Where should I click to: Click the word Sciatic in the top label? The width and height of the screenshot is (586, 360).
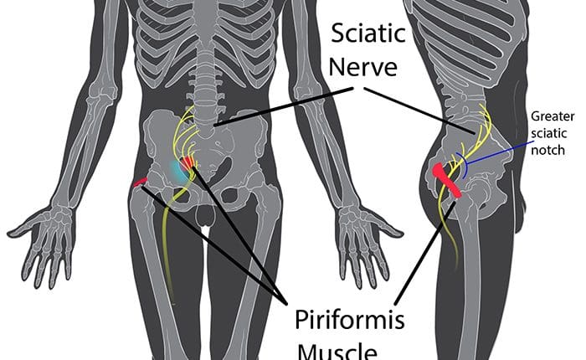coord(368,33)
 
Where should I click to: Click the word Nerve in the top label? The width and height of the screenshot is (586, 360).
coord(362,67)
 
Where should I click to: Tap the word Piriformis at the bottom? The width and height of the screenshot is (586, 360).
coord(350,320)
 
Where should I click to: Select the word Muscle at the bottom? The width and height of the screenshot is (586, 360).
coord(337,352)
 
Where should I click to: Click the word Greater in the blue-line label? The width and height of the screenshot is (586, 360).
coord(553,116)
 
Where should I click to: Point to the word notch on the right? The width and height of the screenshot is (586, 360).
coord(547,150)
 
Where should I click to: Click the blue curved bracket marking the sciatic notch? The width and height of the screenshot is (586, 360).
coord(464,165)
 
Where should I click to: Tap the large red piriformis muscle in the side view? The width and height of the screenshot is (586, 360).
coord(447,180)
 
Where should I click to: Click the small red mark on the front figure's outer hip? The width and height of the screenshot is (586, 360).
coord(140,182)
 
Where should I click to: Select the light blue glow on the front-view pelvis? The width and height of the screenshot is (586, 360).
coord(177,172)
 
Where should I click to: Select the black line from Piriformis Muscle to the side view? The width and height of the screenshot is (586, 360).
coord(425,253)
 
